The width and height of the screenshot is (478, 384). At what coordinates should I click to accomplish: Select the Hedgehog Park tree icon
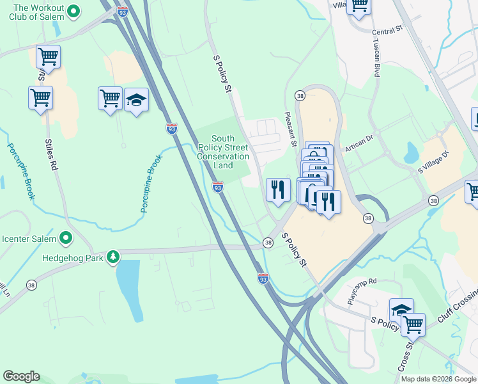(x=113, y=257)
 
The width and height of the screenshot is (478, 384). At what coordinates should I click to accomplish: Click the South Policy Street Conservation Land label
(x=223, y=152)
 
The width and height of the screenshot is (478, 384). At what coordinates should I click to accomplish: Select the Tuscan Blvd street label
(x=376, y=58)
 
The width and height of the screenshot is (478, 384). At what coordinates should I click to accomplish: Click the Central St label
(x=387, y=29)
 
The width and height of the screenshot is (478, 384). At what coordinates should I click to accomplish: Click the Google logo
(x=21, y=376)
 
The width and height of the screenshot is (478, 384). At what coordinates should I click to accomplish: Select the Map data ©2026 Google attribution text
(x=439, y=379)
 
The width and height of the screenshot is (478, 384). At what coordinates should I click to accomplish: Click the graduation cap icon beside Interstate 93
(x=136, y=100)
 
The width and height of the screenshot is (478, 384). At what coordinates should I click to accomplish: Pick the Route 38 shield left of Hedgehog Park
(x=31, y=285)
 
